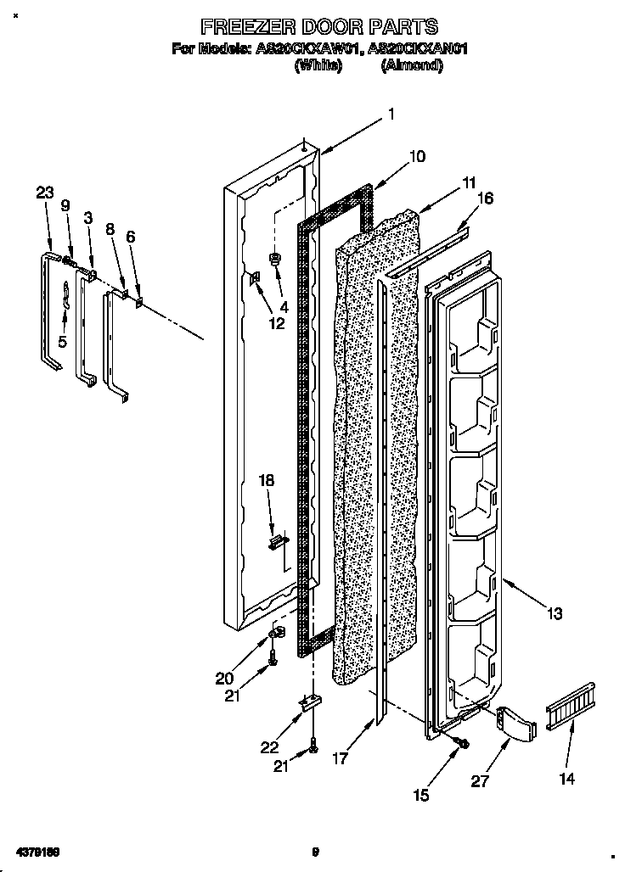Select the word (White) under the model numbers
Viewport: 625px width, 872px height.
click(318, 65)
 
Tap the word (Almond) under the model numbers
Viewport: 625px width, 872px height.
click(412, 65)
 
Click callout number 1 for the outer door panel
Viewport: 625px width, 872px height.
click(391, 114)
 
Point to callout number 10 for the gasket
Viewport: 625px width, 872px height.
click(417, 156)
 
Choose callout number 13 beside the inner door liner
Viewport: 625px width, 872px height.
click(555, 612)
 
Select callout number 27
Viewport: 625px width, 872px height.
click(480, 781)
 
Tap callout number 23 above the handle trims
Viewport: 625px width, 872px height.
click(45, 193)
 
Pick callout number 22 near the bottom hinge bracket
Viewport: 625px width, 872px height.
click(269, 746)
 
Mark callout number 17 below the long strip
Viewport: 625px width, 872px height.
click(340, 760)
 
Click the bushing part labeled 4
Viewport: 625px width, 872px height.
click(275, 258)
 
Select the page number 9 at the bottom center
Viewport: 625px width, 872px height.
click(314, 852)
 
